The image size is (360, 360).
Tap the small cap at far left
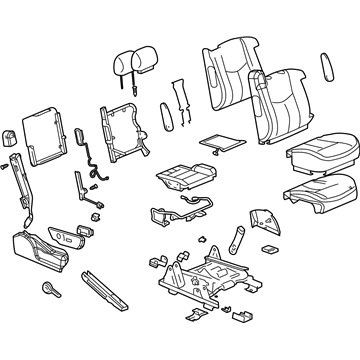tap(11, 137)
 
